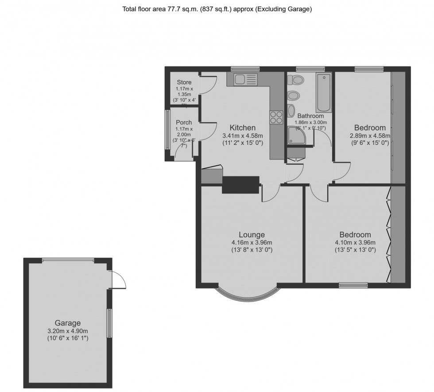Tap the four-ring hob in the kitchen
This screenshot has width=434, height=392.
point(276,117)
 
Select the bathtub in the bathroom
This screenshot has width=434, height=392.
point(323,93)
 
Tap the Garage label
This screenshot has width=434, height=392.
point(68,323)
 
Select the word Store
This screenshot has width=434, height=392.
point(184,82)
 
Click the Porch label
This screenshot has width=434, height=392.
point(184,123)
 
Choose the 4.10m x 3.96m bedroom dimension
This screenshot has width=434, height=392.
point(355,242)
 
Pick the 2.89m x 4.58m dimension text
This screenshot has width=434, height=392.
point(370,136)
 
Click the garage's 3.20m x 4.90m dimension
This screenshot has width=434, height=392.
point(68,331)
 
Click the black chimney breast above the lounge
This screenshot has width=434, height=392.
point(240,185)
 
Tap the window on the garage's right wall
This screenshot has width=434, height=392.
point(109,323)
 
